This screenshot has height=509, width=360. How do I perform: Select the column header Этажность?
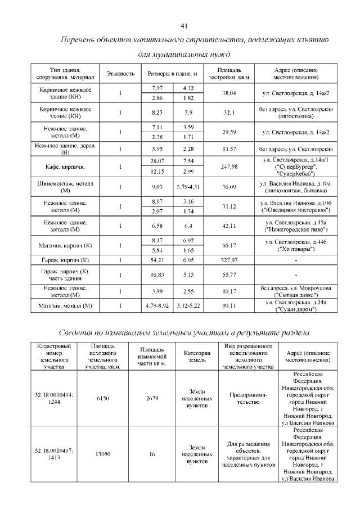tap(120, 74)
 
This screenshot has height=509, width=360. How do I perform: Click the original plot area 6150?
tap(102, 399)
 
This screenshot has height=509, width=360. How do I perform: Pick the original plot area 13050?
tap(102, 454)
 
